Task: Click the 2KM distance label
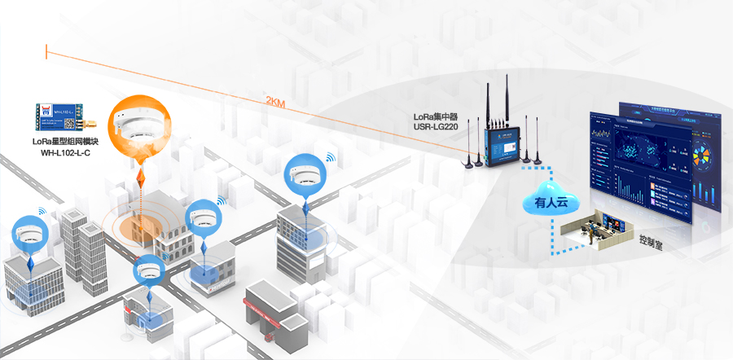pos(274,101)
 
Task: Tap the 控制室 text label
pos(652,242)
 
